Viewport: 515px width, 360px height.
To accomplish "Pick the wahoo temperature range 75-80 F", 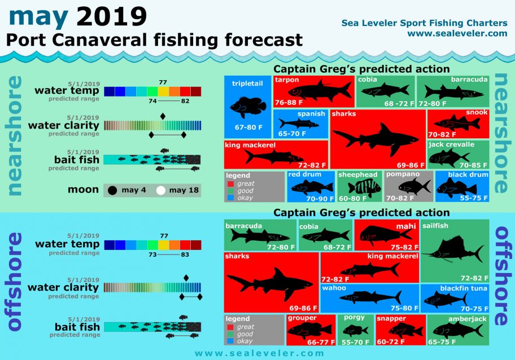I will [400, 308].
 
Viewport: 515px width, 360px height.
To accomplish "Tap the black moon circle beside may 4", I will [112, 190].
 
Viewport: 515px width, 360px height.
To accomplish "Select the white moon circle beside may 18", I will [161, 190].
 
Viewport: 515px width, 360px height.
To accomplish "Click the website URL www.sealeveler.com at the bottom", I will [259, 353].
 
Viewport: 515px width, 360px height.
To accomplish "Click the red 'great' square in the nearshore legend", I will [230, 183].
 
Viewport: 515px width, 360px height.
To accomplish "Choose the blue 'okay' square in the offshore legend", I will [230, 341].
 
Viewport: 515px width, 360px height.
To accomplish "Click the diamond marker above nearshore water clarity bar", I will [163, 116].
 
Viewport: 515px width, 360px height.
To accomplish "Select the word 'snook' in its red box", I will [477, 112].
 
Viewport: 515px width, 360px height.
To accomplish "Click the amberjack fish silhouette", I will [455, 328].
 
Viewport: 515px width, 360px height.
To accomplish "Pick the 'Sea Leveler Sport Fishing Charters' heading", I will [424, 23].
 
